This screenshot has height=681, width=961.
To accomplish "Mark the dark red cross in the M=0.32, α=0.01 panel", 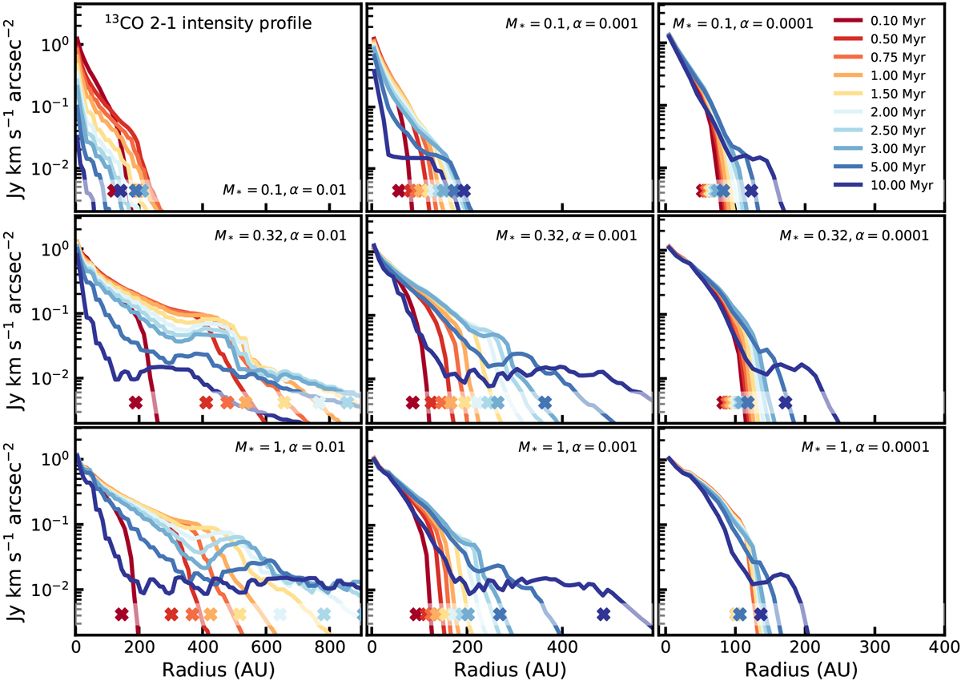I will coord(135,402).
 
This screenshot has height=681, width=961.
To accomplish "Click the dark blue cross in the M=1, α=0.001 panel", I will coord(604,615).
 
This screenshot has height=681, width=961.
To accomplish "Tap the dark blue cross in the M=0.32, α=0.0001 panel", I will coord(785,402).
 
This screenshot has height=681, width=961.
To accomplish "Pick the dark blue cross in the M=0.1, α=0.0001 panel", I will coord(750,190).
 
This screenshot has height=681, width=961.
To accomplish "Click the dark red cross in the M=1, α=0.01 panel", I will coord(122,615).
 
